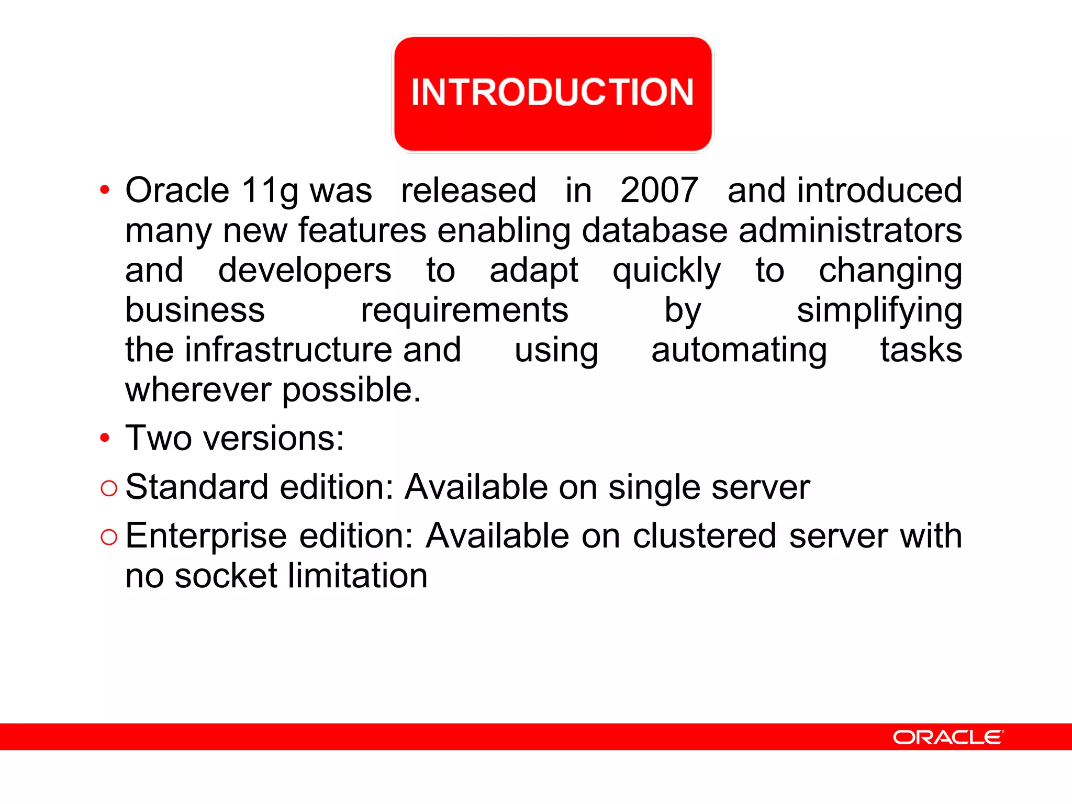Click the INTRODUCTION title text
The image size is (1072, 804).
click(552, 92)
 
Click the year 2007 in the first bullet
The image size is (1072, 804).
click(659, 190)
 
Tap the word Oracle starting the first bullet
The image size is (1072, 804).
click(177, 190)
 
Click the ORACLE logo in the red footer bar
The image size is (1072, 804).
click(948, 737)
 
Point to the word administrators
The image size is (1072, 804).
click(850, 230)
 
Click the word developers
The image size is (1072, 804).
click(304, 271)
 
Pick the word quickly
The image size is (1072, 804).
click(666, 271)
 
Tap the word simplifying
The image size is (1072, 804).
click(879, 311)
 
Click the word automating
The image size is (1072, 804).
click(739, 351)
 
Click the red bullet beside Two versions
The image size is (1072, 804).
click(105, 438)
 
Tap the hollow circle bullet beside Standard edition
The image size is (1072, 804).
click(109, 488)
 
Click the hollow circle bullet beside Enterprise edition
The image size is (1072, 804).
click(109, 537)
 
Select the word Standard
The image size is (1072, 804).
click(197, 487)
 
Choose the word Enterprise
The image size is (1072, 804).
click(206, 537)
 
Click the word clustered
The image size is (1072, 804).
click(704, 536)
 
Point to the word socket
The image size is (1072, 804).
click(226, 576)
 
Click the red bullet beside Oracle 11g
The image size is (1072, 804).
click(105, 190)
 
